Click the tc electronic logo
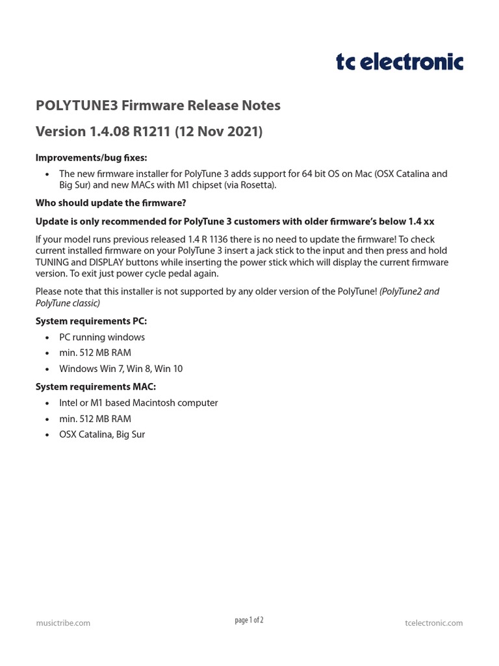399,62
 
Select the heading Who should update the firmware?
110,203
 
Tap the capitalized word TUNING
54,262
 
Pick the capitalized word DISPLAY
99,262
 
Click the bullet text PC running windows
102,337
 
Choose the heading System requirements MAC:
96,386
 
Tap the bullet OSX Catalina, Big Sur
102,434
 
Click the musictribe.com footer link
63,622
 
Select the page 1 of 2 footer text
249,620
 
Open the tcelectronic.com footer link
433,622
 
